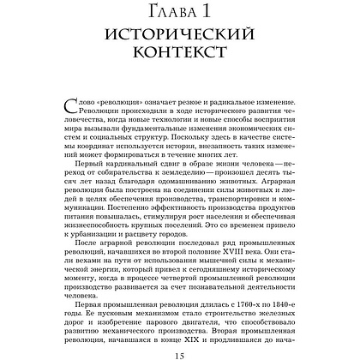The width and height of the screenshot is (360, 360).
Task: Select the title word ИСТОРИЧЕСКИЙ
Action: click(x=180, y=38)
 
